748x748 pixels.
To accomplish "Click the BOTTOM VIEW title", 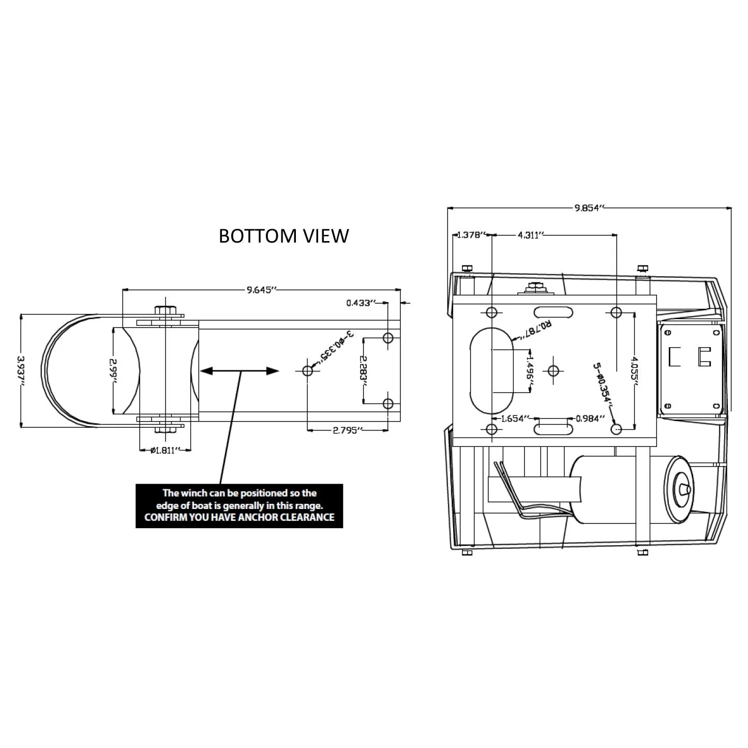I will click(x=283, y=236).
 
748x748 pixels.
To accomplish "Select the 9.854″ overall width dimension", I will click(x=589, y=208).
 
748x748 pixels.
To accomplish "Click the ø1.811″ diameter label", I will click(x=165, y=450).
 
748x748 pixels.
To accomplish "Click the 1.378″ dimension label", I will click(x=470, y=235).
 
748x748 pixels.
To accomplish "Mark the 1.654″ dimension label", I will click(x=513, y=418).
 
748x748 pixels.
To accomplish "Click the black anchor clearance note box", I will click(x=239, y=505).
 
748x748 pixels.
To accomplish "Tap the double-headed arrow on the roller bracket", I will click(x=240, y=371).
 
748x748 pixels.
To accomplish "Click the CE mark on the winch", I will click(x=690, y=357).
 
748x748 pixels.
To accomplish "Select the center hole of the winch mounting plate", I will click(x=553, y=370).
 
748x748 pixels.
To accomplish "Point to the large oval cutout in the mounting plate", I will click(x=491, y=370).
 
